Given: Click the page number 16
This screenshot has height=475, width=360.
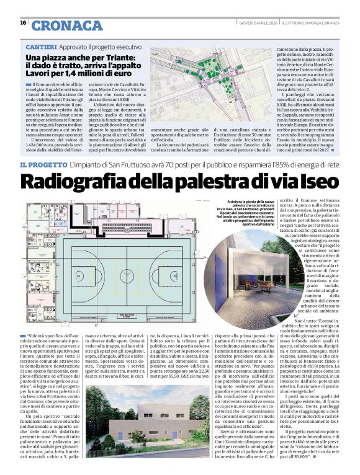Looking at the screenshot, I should click(24, 22).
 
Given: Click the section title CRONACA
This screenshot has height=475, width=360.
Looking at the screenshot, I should click(66, 25).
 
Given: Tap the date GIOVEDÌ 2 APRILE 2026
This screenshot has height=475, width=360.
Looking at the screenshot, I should click(257, 23).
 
